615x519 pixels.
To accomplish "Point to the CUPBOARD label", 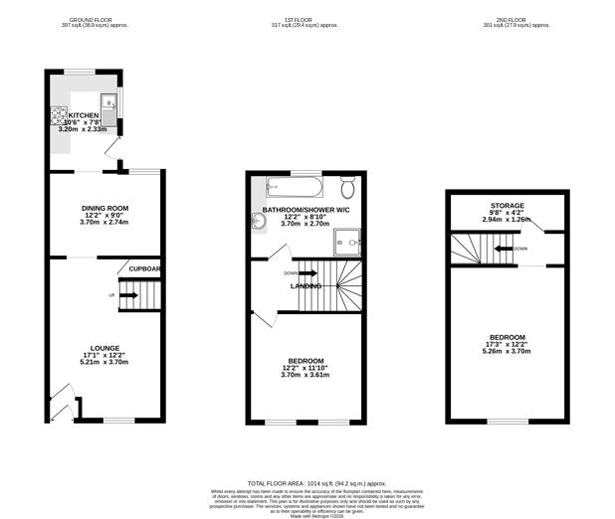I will coord(144,269).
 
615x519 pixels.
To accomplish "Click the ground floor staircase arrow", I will coord(130,295).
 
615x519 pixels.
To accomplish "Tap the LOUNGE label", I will coord(105,348).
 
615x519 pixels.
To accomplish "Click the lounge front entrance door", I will coord(61,407).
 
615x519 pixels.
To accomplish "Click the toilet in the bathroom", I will coord(348,188).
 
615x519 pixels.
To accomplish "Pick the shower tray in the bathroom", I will coord(348,238).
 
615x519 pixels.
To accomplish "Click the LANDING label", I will coord(305,286).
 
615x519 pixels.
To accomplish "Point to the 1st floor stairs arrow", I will coord(305,273).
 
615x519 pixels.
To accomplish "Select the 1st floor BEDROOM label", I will coord(305,360).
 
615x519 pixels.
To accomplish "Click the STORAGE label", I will coord(508,206).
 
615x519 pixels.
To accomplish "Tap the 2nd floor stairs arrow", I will coord(506,250).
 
